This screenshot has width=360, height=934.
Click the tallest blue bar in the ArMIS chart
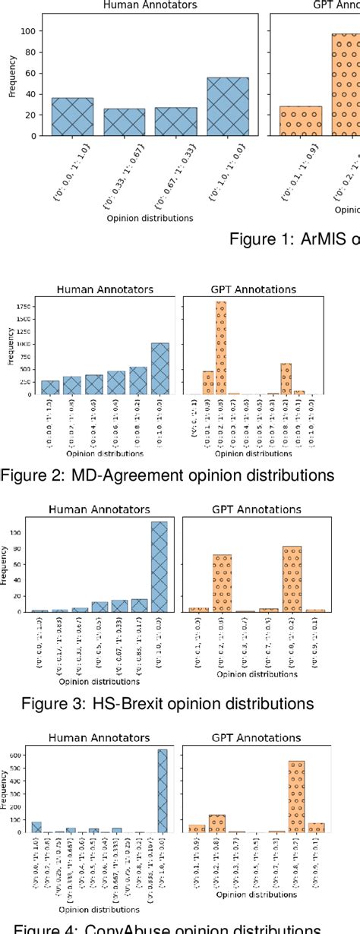click(227, 106)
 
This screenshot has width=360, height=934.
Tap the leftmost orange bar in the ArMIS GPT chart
click(301, 121)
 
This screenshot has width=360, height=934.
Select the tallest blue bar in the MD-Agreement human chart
click(160, 369)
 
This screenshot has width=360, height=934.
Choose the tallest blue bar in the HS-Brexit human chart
click(159, 566)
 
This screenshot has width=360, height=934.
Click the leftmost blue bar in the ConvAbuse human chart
click(36, 826)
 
